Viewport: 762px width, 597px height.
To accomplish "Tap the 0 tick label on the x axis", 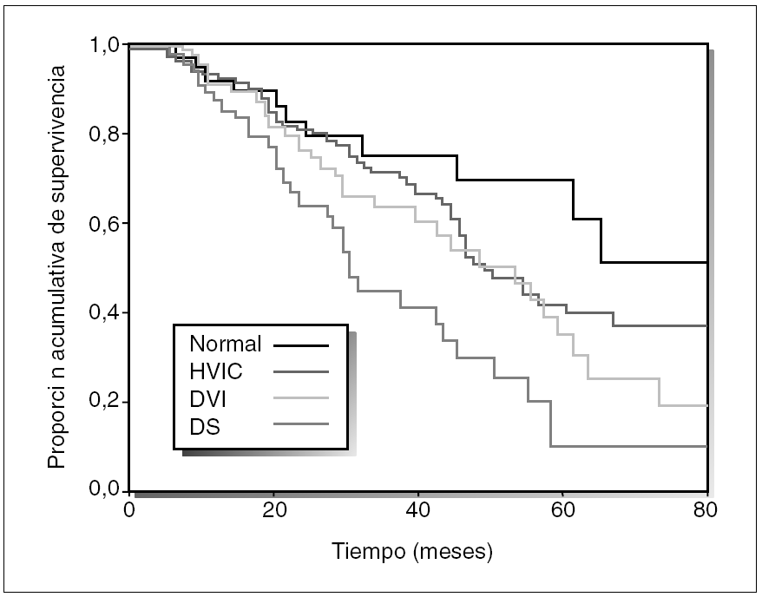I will (x=129, y=510).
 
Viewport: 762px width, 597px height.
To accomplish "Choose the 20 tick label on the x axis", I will (x=273, y=510).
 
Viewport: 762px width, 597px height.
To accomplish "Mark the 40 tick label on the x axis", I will (x=418, y=510).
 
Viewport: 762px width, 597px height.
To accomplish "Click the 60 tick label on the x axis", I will (x=562, y=510).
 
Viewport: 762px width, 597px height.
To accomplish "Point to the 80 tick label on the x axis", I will (x=706, y=510).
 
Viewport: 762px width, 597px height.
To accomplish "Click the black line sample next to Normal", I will (x=301, y=344).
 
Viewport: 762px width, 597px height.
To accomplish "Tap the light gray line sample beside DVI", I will (x=301, y=397).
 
